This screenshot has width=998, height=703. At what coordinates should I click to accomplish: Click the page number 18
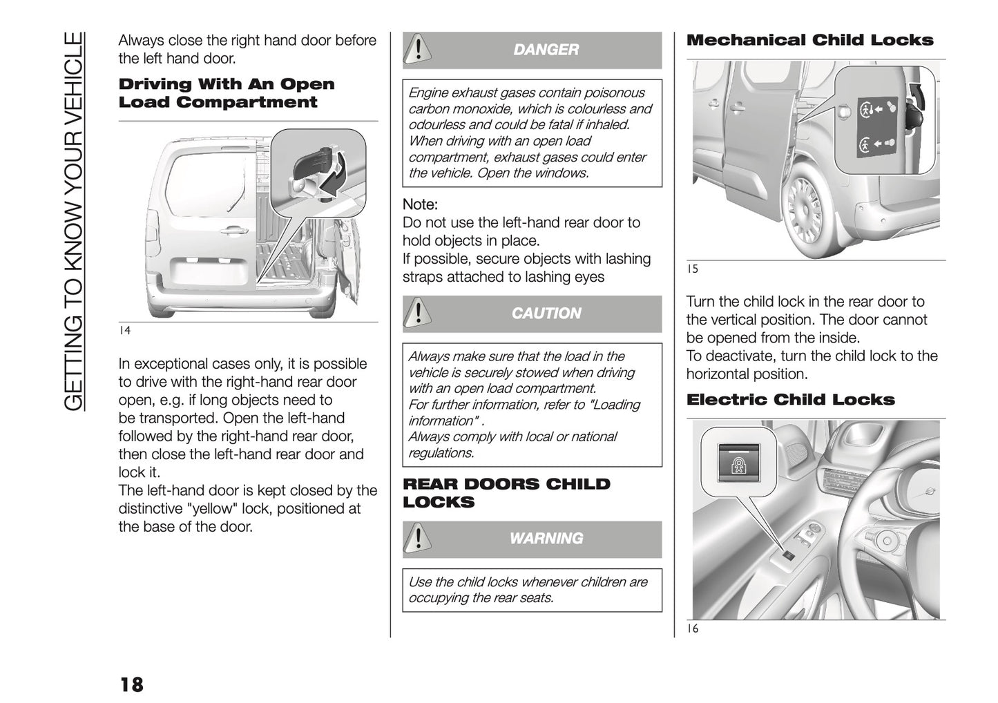point(131,684)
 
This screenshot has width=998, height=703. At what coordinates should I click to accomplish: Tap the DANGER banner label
point(546,50)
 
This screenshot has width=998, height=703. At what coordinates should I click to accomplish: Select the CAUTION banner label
point(546,314)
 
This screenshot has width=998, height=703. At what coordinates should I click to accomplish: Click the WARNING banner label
point(546,539)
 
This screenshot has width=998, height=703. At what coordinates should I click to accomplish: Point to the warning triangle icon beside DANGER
point(417,50)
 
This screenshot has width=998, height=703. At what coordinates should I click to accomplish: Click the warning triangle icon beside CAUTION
point(417,314)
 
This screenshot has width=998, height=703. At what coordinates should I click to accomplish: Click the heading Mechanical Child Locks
point(809,40)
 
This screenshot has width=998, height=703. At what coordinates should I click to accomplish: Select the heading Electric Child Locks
point(790,400)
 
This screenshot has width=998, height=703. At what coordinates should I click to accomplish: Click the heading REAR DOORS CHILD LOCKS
point(506,493)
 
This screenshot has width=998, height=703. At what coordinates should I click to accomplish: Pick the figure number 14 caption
point(124,331)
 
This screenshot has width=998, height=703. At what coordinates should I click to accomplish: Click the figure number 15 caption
point(692,269)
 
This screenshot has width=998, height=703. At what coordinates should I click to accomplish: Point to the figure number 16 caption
point(692,629)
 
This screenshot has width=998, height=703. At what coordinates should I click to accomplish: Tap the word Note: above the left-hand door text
point(420,205)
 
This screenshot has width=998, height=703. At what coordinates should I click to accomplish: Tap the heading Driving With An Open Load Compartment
point(227,93)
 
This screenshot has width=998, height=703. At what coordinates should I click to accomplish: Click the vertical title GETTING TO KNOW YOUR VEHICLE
point(73,221)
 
